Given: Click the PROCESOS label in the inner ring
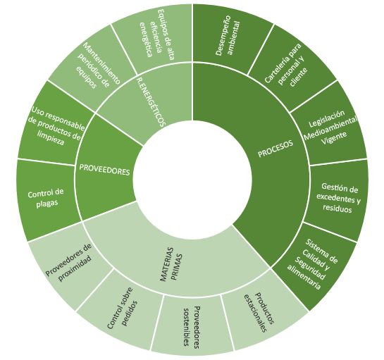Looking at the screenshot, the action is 275,149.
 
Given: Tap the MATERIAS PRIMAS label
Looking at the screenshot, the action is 171,264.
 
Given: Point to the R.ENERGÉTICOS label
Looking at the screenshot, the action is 150,101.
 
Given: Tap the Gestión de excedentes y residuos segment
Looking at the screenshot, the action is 338,198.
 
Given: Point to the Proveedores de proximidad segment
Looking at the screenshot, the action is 69,263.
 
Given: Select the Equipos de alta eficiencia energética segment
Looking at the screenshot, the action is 156,35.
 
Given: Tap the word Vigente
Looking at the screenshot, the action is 334,139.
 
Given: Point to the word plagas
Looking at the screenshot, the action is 47,204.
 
